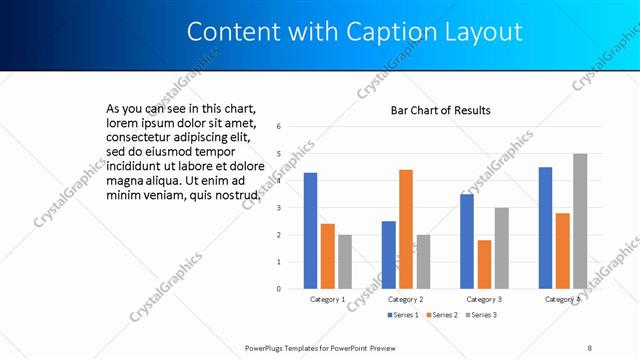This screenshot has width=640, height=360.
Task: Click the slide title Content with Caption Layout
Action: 355,32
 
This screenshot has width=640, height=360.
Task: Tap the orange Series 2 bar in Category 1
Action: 327,256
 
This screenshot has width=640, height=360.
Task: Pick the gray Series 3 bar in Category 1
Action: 345,261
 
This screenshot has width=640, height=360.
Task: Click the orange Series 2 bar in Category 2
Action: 406,229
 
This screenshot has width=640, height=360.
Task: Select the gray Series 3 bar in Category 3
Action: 502,248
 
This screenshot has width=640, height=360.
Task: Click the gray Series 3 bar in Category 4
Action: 580,221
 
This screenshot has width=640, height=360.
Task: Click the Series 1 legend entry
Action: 403,315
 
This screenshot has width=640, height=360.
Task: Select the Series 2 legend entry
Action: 442,315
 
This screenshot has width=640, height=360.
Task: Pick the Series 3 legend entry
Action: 480,315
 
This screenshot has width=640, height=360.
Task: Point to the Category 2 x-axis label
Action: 405,299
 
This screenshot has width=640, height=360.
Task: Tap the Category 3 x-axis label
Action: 484,299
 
